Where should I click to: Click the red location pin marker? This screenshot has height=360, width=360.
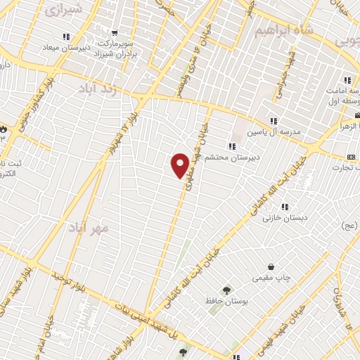(180, 165)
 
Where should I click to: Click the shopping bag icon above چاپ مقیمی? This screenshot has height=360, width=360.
(271, 267)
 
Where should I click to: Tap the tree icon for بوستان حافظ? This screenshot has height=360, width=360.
(226, 290)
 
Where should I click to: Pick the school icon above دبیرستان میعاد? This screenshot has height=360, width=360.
(66, 37)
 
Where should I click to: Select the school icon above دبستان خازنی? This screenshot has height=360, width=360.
(285, 207)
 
